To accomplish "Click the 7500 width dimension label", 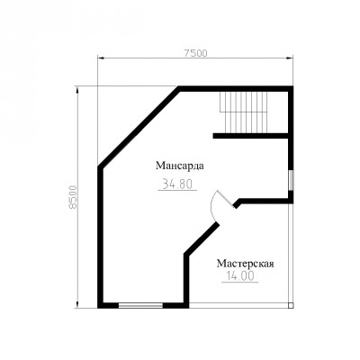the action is tap(195, 53).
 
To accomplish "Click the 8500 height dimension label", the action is tap(73, 197).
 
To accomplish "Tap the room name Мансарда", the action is tap(180, 166).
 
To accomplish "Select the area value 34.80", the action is tap(177, 184).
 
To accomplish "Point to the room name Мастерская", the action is tap(246, 264).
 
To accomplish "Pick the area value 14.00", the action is tap(240, 275).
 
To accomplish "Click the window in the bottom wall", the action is tap(140, 306).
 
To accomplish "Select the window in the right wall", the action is tap(291, 180).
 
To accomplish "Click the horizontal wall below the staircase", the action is tap(251, 136).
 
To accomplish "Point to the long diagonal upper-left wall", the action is tap(139, 127).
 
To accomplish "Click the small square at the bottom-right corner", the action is tap(291, 306).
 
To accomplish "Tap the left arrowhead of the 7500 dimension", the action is tap(101, 58).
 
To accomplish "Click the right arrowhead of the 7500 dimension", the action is tap(290, 58).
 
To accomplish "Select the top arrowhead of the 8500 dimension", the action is tap(77, 90).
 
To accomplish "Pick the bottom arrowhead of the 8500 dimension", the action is tap(77, 304).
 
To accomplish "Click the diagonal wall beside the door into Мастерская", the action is tap(202, 239).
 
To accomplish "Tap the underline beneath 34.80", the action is tap(177, 190).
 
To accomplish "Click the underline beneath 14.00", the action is tap(240, 282).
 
